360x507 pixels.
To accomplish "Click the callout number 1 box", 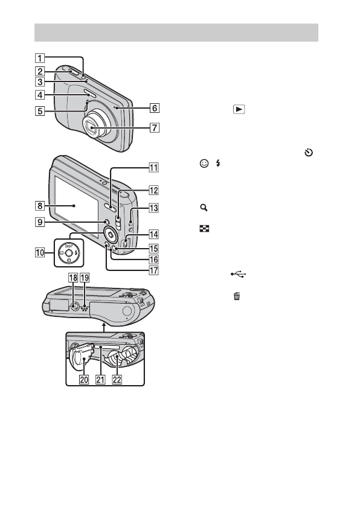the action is [x=40, y=58].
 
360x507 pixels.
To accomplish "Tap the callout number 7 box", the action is [x=155, y=128].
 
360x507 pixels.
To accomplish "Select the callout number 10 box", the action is [x=40, y=252].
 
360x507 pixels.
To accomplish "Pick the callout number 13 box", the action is [x=153, y=208].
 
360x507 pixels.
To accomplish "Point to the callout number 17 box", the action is [x=153, y=270].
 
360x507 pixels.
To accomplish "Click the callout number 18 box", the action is [x=73, y=278].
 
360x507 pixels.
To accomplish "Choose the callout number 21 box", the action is [x=101, y=379].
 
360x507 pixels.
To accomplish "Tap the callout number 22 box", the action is [x=117, y=379].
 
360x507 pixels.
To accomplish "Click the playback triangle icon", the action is [x=239, y=109].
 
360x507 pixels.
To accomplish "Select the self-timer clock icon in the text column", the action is [x=309, y=152].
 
